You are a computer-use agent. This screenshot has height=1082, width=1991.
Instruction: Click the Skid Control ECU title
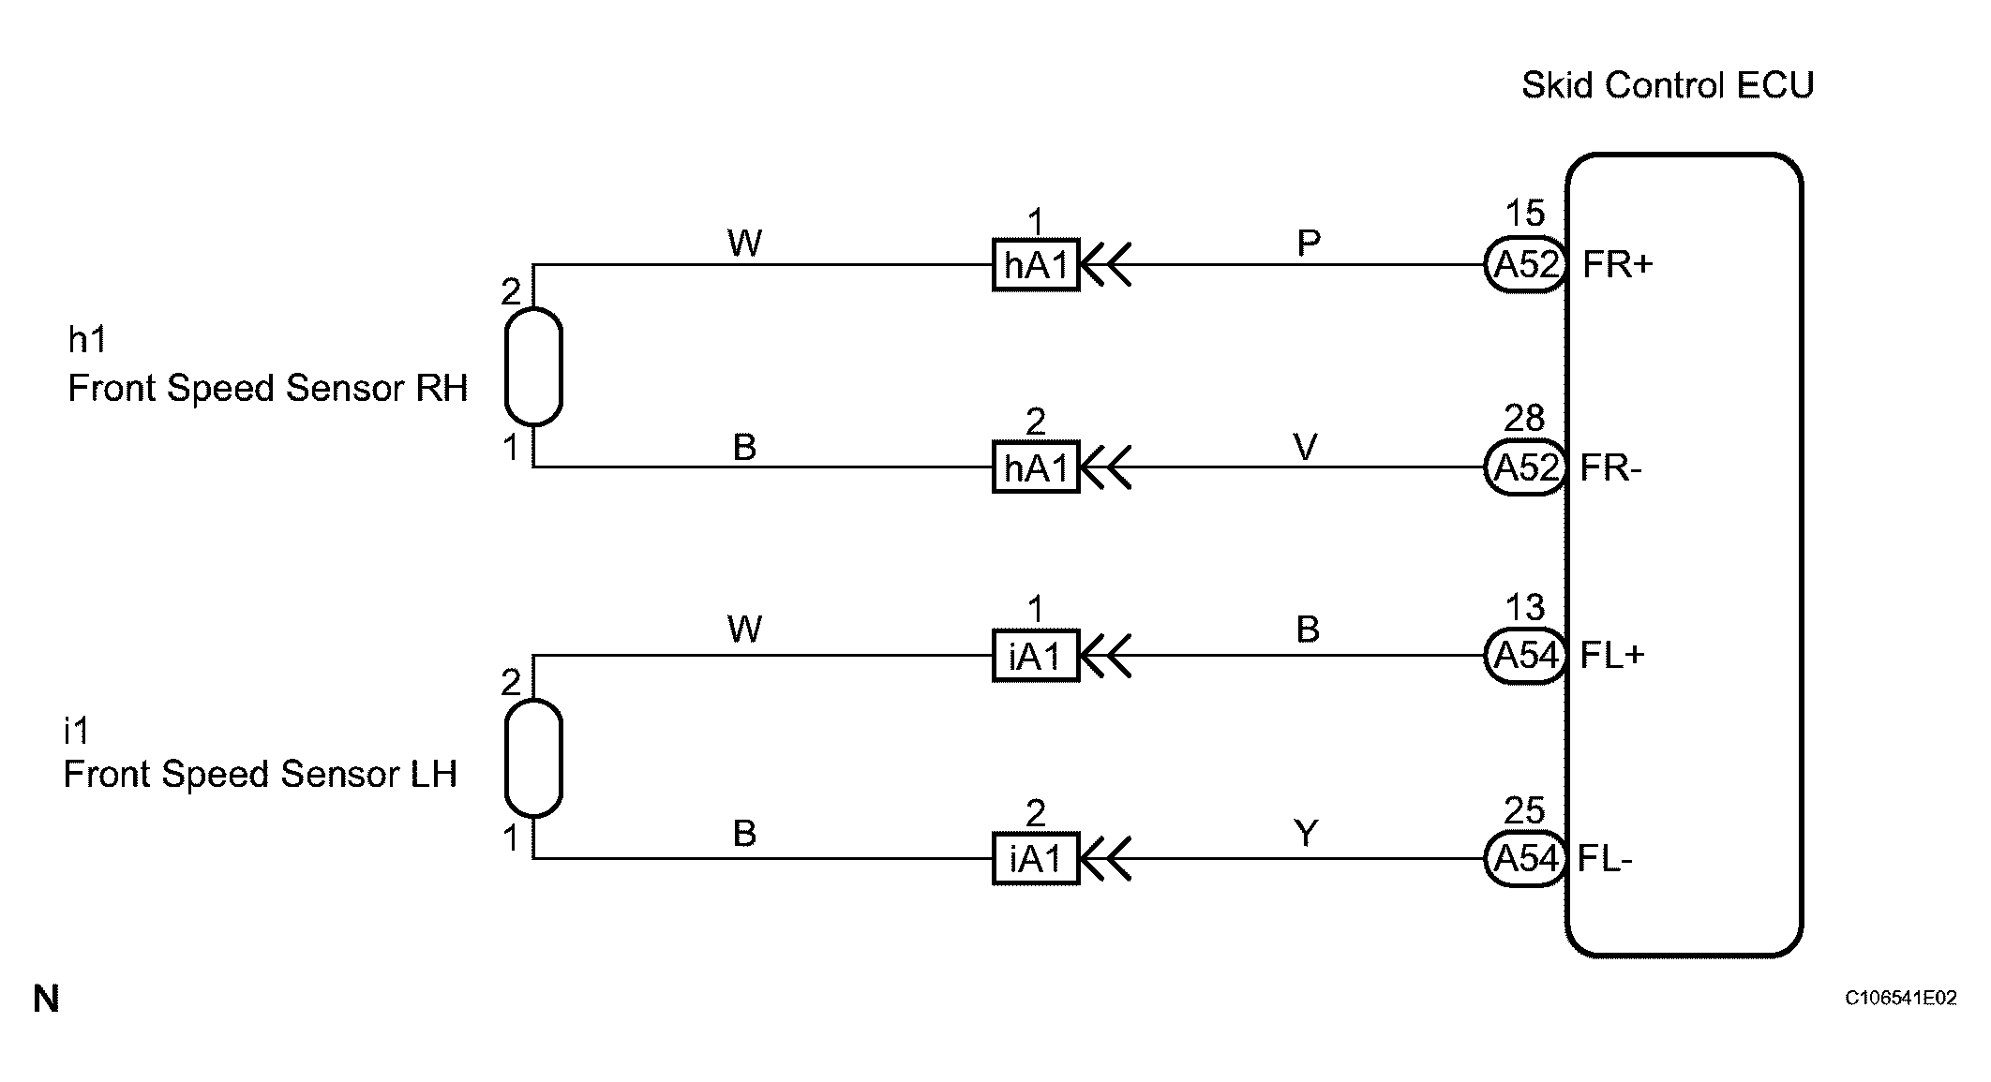point(1667,85)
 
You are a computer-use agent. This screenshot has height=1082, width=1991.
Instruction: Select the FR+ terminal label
point(1617,265)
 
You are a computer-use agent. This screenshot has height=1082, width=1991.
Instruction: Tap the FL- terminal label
point(1605,858)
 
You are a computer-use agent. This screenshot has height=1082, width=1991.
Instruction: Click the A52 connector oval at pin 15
point(1526,265)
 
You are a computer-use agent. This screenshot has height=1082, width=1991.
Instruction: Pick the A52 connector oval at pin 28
point(1526,467)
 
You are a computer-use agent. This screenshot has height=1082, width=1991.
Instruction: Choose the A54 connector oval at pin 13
point(1526,655)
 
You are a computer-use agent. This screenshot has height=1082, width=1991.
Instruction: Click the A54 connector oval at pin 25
point(1526,858)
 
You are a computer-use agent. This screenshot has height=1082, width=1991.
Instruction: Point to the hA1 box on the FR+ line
point(1036,265)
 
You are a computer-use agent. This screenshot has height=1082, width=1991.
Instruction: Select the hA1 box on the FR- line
point(1036,467)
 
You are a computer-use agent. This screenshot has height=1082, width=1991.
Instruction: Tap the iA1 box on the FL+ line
point(1036,655)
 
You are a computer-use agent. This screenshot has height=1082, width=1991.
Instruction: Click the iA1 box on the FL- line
point(1036,858)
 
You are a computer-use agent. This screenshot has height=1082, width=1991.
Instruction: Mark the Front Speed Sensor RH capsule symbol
point(533,366)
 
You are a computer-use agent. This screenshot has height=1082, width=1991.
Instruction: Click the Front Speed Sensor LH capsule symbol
point(533,757)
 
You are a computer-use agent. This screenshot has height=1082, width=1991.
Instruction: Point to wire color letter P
point(1309,244)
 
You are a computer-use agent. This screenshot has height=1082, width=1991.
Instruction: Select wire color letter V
point(1306,447)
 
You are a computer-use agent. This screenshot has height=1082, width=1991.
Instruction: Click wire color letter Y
point(1306,833)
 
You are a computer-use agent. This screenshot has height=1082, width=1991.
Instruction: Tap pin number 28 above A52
point(1524,418)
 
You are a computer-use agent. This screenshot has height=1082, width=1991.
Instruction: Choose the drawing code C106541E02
point(1901,999)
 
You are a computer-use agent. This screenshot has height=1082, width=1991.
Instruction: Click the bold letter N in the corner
point(46,1000)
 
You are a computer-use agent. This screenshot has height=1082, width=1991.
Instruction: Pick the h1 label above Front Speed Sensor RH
point(86,339)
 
